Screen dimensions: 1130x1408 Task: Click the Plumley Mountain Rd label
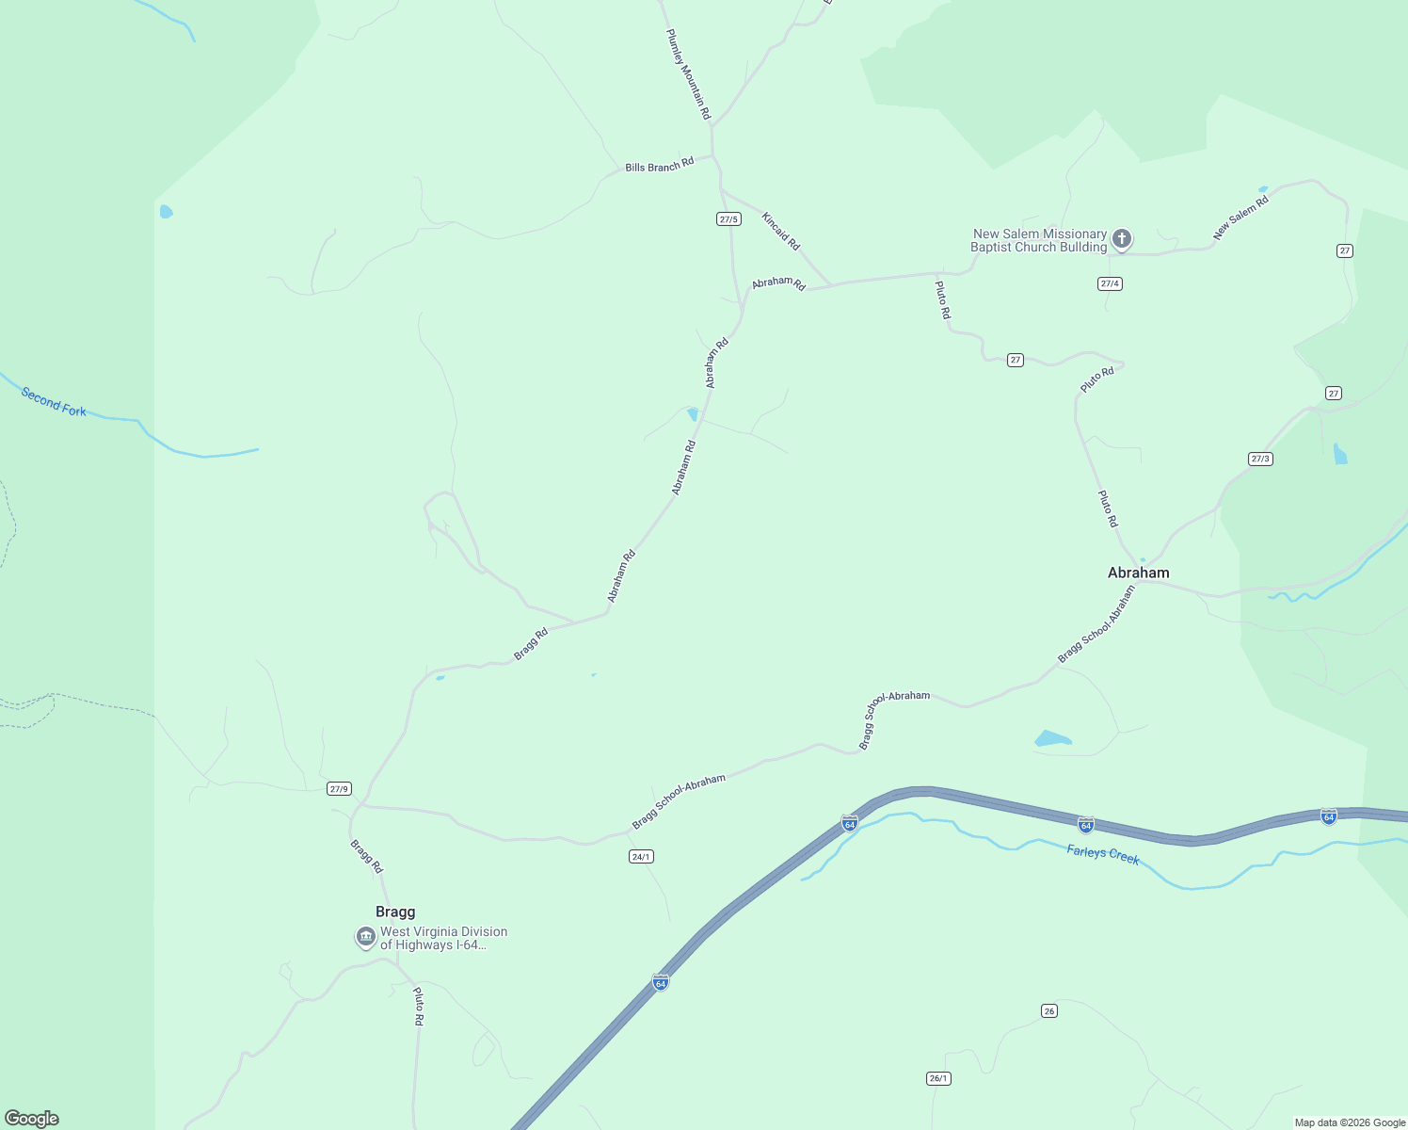pos(688,74)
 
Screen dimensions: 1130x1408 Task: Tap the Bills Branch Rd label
pos(659,166)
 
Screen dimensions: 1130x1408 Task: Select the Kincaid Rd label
pos(780,231)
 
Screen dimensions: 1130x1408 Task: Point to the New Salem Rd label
pos(1240,217)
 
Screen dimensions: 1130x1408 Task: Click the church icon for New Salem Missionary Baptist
pos(1121,239)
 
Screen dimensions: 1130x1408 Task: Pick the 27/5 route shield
pos(728,219)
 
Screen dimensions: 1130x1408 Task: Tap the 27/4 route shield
pos(1110,283)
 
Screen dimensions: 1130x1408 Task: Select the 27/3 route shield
pos(1260,459)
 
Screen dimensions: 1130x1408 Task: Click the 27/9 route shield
pos(339,788)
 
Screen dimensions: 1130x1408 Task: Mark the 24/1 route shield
pos(641,856)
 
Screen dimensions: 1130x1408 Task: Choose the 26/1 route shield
pos(938,1078)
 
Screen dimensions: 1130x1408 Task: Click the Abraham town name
pos(1138,573)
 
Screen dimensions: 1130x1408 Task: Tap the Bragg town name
pos(395,912)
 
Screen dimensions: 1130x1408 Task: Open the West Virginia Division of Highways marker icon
pos(366,938)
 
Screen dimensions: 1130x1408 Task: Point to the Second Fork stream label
pos(54,402)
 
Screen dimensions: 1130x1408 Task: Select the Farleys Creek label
pos(1103,855)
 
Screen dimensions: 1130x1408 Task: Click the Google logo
pos(31,1119)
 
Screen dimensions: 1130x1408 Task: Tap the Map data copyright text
pos(1349,1122)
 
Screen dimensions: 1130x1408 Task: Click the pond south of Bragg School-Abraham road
pos(1052,738)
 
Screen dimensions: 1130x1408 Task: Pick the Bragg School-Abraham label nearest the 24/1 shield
pos(679,801)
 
